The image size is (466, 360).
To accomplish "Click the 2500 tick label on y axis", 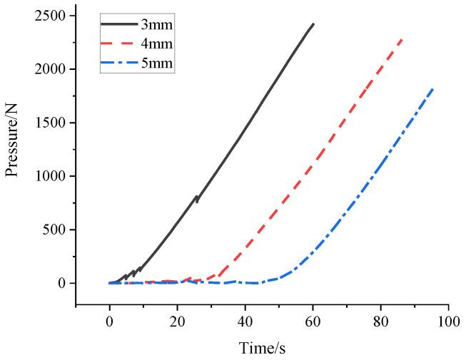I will pyautogui.click(x=51, y=16).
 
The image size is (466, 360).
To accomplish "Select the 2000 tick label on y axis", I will pyautogui.click(x=51, y=69).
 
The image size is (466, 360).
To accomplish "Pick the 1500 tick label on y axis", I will pyautogui.click(x=51, y=123).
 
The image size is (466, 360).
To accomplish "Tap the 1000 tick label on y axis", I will pyautogui.click(x=51, y=176).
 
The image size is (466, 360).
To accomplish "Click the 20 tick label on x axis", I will pyautogui.click(x=177, y=322).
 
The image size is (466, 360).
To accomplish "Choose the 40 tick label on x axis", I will pyautogui.click(x=245, y=322).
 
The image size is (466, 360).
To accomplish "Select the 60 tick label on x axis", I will pyautogui.click(x=313, y=322).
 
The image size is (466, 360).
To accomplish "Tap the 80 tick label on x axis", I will pyautogui.click(x=380, y=322).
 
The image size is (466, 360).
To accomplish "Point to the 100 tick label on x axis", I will pyautogui.click(x=448, y=322).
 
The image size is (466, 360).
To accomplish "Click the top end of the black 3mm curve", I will pyautogui.click(x=313, y=24).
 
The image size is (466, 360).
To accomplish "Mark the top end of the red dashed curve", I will pyautogui.click(x=402, y=39).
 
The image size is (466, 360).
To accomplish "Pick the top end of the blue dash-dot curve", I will pyautogui.click(x=432, y=88).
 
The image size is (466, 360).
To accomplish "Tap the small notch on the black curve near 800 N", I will pyautogui.click(x=197, y=199).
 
